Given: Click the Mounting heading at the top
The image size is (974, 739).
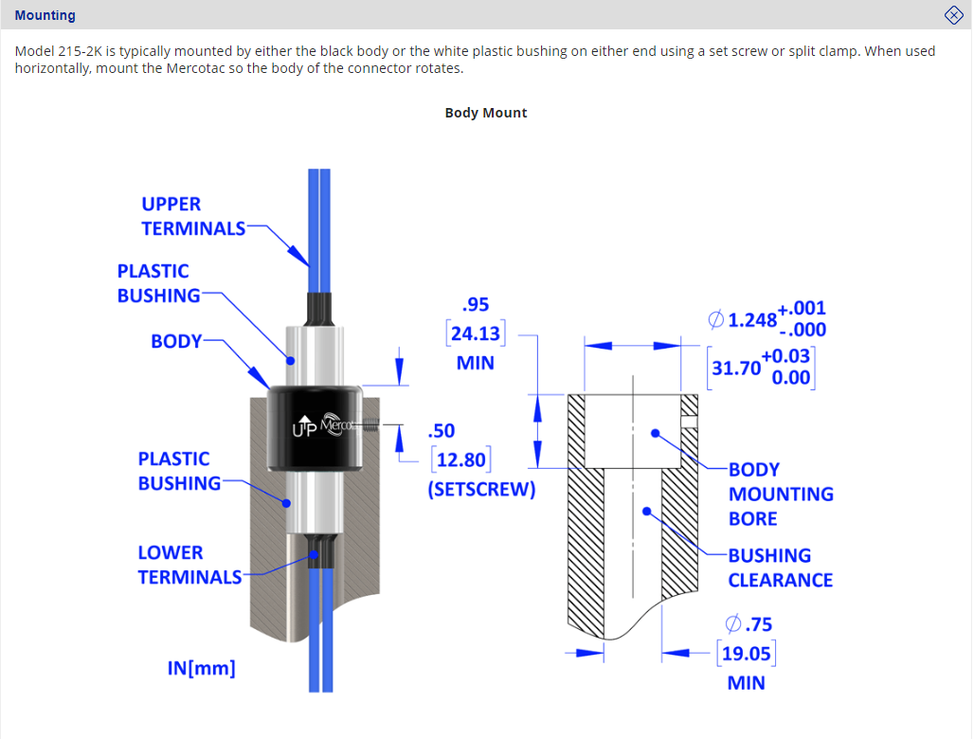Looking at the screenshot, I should [45, 15].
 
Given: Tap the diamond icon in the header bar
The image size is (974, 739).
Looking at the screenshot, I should [954, 15].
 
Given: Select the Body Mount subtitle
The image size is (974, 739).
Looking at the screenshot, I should [486, 113].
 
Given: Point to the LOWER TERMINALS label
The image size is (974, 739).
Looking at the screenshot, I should [189, 565].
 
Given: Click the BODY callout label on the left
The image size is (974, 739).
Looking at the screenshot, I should [176, 341].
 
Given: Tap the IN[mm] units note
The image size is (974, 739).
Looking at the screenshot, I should [201, 668].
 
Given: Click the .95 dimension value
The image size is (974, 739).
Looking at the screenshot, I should [475, 305].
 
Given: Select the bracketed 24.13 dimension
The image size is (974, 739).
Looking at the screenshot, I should [476, 333].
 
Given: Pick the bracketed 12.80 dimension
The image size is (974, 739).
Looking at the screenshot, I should [461, 460].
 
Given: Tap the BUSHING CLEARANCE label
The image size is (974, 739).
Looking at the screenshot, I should [780, 568].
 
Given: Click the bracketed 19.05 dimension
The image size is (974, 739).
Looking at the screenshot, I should [746, 653].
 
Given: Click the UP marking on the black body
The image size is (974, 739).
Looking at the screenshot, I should [306, 429].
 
